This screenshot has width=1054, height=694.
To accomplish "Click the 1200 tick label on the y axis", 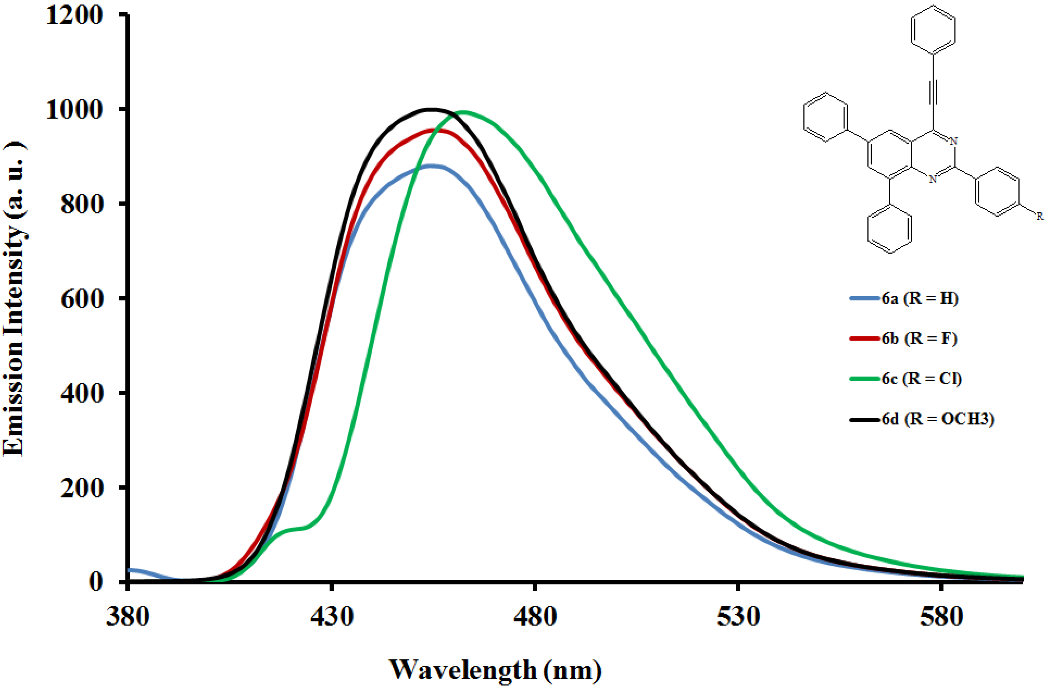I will click(x=74, y=15).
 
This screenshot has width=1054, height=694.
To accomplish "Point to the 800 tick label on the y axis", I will click(x=82, y=204).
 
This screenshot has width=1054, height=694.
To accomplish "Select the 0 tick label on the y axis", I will click(x=96, y=581).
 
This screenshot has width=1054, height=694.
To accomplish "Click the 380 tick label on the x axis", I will click(x=127, y=616).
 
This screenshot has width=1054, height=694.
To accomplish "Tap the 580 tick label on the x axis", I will click(x=941, y=616).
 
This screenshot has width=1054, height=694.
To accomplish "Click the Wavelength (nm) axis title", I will click(x=495, y=670).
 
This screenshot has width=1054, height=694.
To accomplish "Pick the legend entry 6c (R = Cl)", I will click(x=921, y=379).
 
